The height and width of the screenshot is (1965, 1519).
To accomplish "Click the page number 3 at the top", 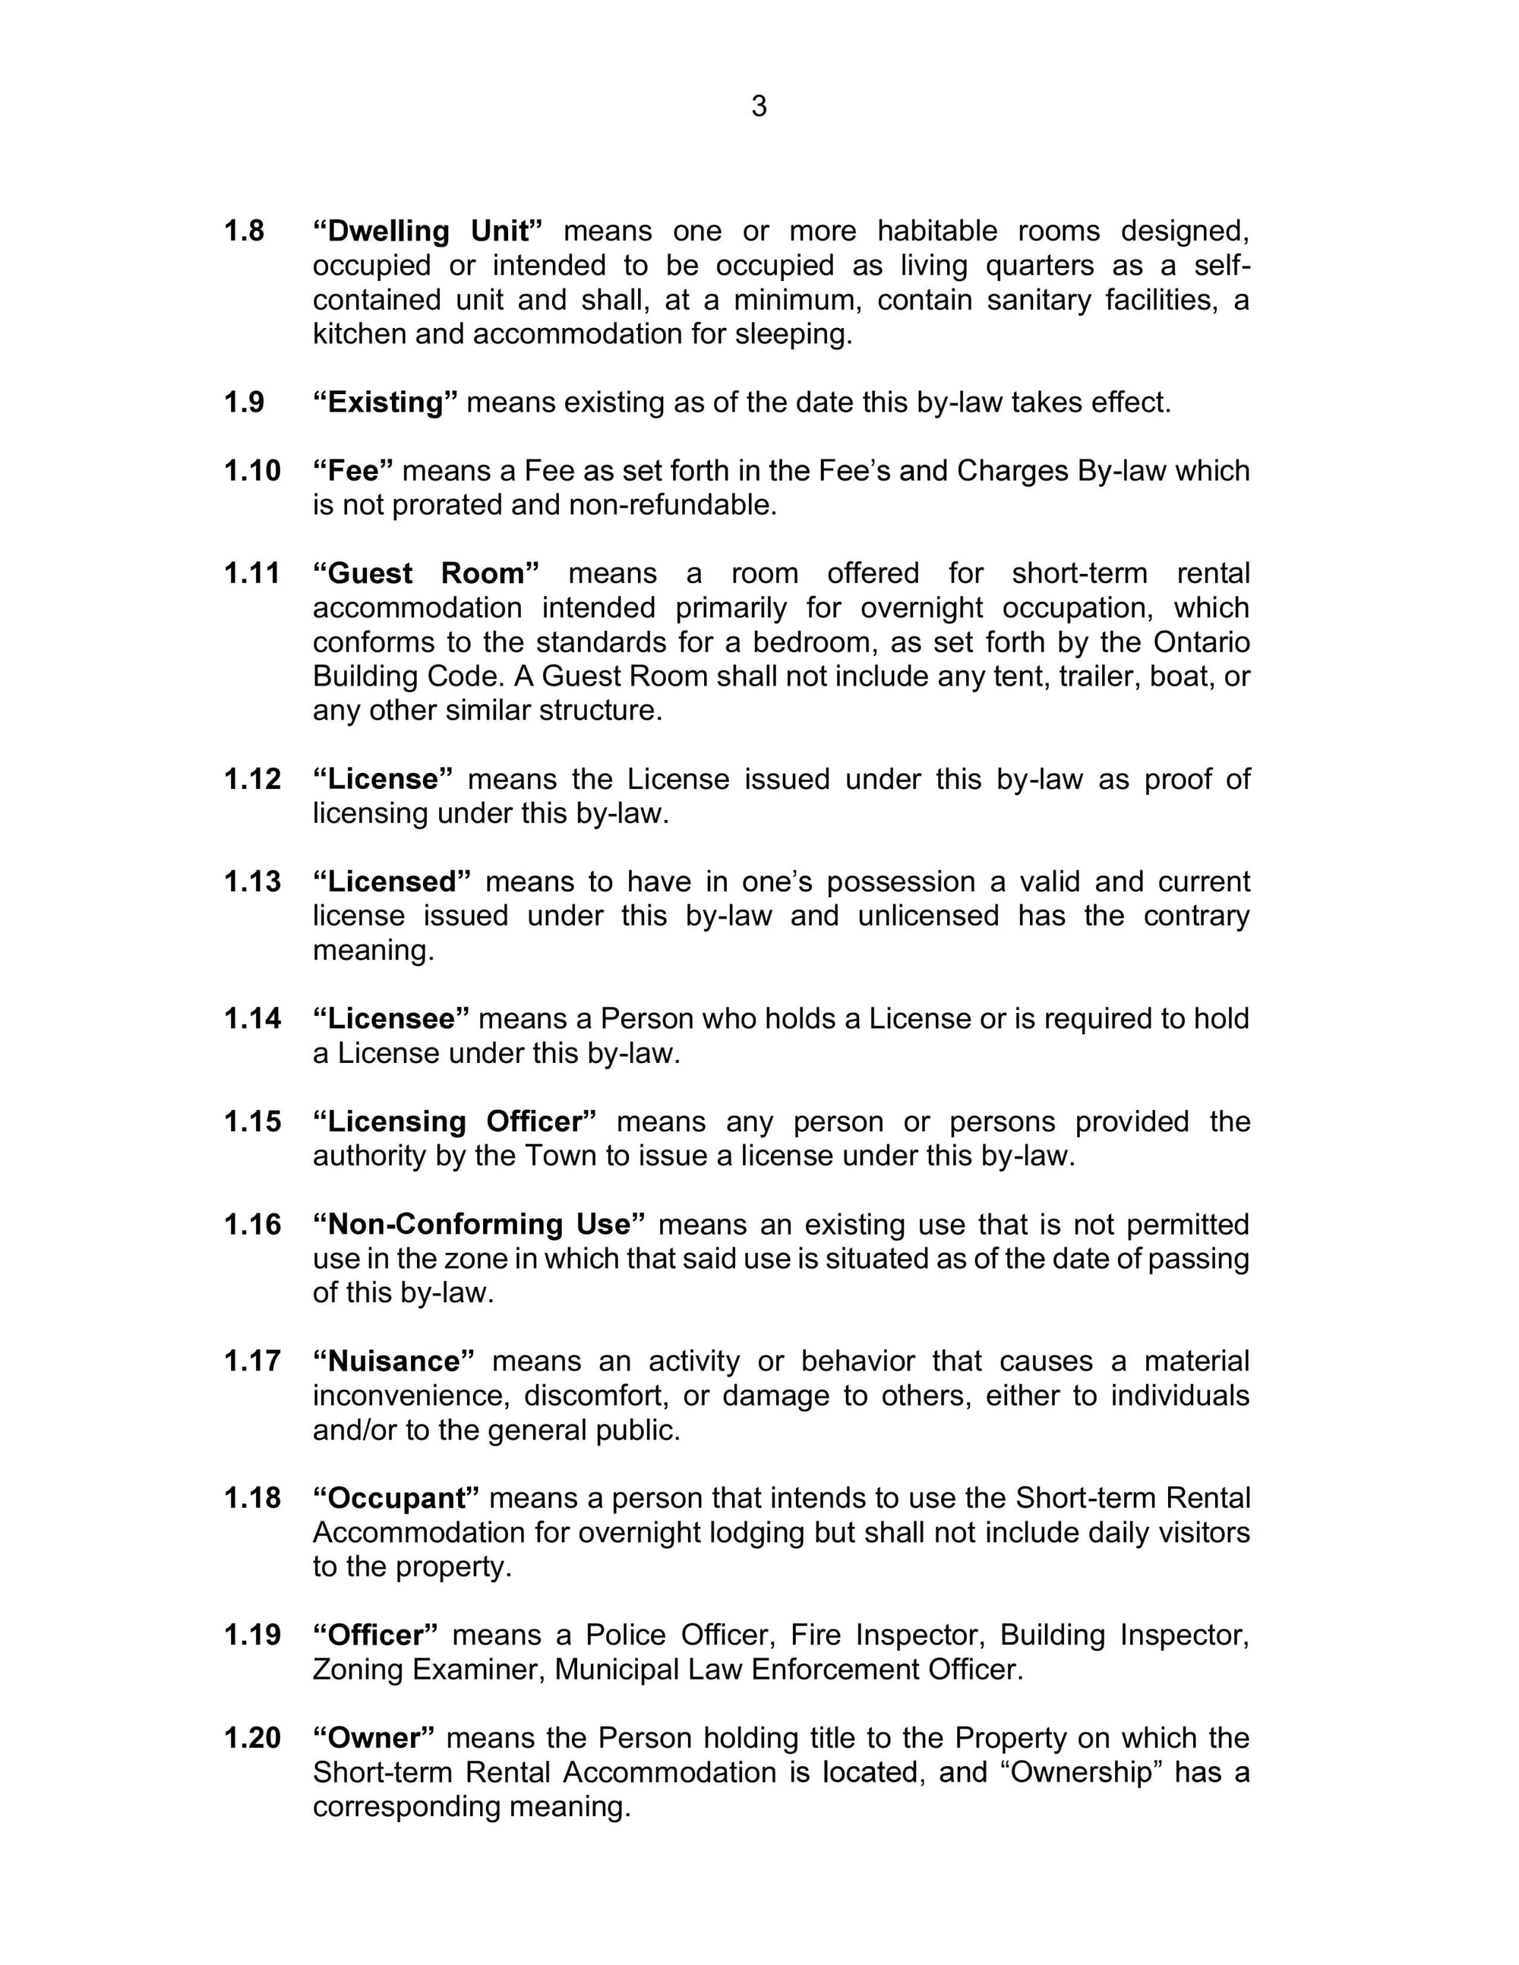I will tap(759, 106).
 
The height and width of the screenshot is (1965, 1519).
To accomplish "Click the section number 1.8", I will tap(244, 232).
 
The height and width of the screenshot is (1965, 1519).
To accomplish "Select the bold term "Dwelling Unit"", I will tap(428, 232).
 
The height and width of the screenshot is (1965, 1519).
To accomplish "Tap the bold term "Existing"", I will tap(385, 402).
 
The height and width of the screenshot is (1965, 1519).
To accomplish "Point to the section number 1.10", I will tap(252, 471).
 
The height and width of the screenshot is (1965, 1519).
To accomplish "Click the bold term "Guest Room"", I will tap(425, 573).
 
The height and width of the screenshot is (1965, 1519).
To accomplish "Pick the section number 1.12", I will tap(252, 778).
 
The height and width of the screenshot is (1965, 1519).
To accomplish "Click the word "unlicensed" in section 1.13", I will tap(928, 915).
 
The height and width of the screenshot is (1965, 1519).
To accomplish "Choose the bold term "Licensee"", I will tap(390, 1017).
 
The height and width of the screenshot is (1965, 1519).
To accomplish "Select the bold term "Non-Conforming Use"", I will tap(478, 1224).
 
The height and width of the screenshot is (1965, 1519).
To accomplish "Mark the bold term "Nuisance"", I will tap(393, 1361).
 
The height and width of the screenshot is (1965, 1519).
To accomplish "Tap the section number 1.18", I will tap(252, 1497).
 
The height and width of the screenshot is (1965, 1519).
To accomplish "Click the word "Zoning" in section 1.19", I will tap(358, 1669).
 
